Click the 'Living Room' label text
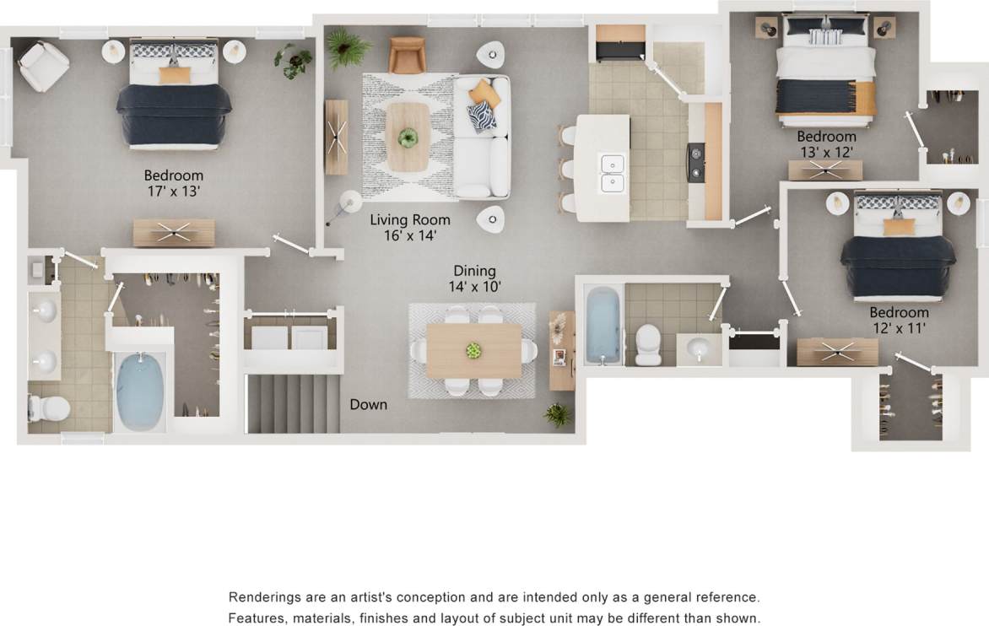(x=410, y=220)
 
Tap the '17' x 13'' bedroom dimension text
(x=173, y=192)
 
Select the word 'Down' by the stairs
(x=369, y=405)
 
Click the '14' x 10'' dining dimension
(x=474, y=287)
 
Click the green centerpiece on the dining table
(x=473, y=349)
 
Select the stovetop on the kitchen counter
(x=697, y=163)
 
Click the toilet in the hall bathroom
(x=648, y=344)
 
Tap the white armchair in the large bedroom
(x=43, y=65)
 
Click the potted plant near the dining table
(x=557, y=413)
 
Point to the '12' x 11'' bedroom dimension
(x=899, y=329)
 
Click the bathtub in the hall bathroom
(x=603, y=325)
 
